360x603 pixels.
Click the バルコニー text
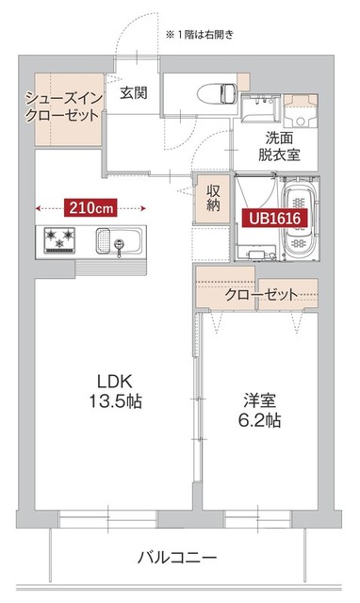tap(177, 556)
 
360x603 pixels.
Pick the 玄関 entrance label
tap(133, 92)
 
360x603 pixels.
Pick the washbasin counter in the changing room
tap(255, 109)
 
